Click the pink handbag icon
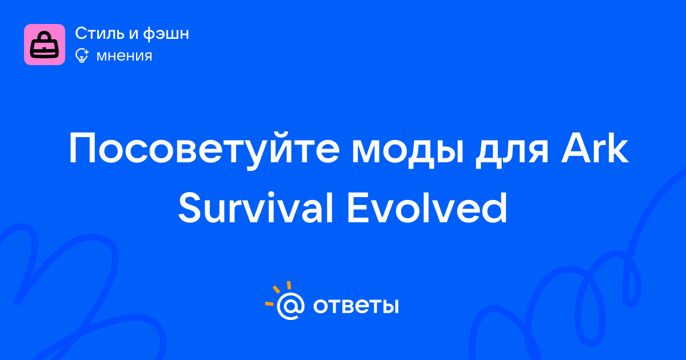45,45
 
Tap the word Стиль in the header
99,33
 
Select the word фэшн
166,34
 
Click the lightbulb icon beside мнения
82,56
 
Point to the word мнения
124,57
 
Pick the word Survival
256,208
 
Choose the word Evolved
427,208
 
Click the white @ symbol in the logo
290,306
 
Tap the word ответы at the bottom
356,306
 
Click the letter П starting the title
83,147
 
